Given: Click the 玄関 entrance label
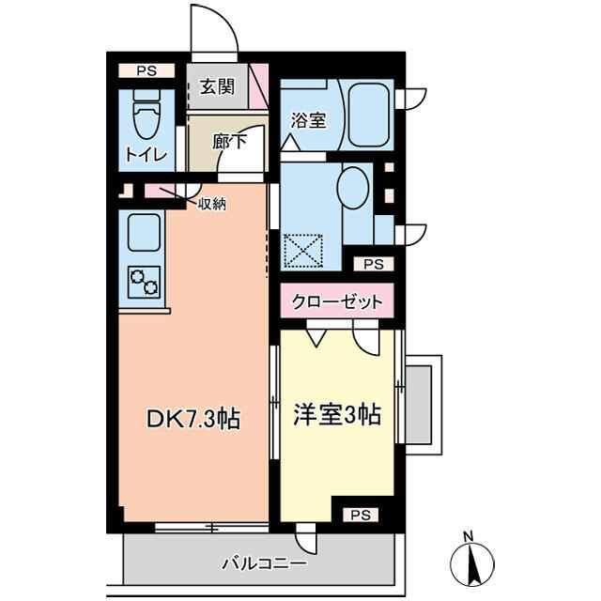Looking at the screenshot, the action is [x=217, y=87].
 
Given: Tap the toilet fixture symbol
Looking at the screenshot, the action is [x=146, y=115].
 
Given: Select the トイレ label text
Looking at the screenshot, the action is [x=146, y=155].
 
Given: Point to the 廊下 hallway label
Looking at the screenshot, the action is [x=229, y=142].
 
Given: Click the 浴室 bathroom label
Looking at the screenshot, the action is [x=308, y=120].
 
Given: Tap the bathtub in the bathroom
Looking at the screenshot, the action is [x=369, y=115].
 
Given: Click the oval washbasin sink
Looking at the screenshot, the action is [x=353, y=188].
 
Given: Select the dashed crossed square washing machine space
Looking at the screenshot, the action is [x=302, y=251].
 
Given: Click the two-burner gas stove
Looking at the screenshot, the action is [x=145, y=282].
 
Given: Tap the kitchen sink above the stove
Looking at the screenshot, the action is [x=144, y=232].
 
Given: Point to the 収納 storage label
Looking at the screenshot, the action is [x=212, y=205].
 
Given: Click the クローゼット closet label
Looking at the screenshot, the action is [x=337, y=301].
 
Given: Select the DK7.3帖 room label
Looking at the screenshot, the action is [x=193, y=419].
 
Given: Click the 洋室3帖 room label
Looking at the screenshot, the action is [x=337, y=415].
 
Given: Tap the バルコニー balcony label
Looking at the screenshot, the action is [x=265, y=563].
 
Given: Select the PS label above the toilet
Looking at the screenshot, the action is [x=146, y=71].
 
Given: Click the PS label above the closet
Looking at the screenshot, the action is [x=374, y=264].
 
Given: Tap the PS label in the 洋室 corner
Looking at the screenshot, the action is [x=361, y=515].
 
